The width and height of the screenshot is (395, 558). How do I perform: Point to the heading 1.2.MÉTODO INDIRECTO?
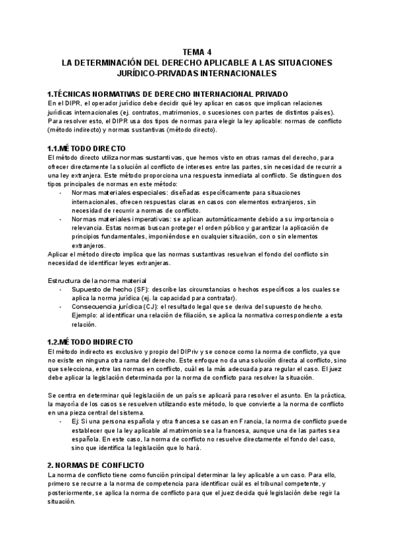(91, 342)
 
